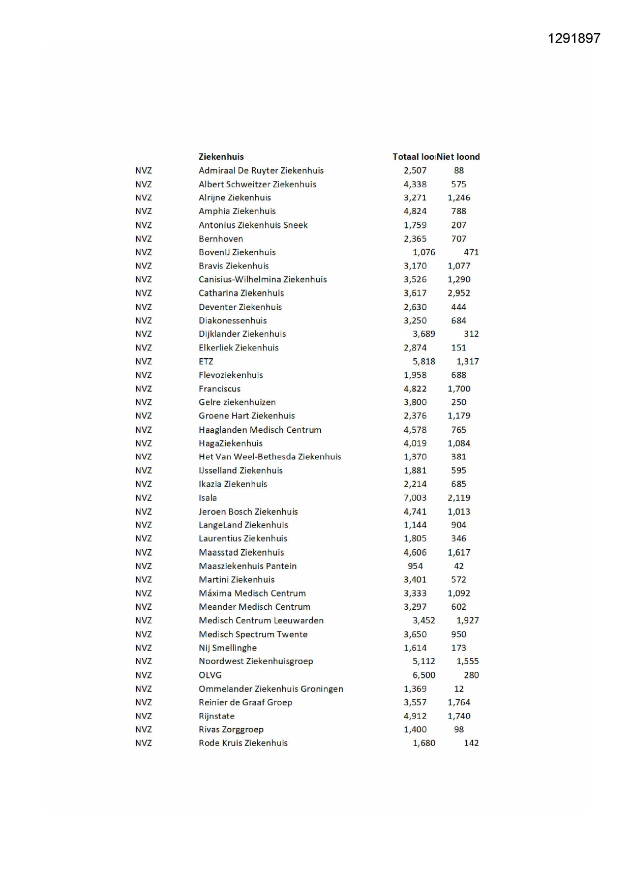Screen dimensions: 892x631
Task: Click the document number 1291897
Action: coord(574,39)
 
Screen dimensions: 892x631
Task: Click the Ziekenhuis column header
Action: coord(221,157)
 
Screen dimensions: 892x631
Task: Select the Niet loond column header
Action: coord(458,157)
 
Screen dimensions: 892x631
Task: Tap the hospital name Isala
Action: coord(207,498)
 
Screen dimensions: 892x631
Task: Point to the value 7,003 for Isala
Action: coord(415,498)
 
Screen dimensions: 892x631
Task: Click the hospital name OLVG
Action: coord(210,675)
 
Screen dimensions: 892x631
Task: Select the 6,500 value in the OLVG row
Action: coord(424,675)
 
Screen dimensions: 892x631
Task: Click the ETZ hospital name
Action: coord(206,362)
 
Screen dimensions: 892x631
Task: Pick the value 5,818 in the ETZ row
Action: coord(424,362)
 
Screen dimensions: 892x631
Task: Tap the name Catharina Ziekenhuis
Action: coord(241,293)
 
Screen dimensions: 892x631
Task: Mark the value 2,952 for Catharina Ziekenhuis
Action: coord(459,293)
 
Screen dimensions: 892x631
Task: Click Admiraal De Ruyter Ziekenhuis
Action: coord(261,170)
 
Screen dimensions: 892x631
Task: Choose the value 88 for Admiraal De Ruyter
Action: coord(459,170)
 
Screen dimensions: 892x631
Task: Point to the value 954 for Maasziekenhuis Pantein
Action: coord(415,566)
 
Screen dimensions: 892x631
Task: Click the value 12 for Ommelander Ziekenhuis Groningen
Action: coord(459,689)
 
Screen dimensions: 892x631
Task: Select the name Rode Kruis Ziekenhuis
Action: coord(243,743)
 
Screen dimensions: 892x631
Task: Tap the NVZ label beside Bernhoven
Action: coord(143,239)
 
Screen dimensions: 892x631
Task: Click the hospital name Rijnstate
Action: coord(217,716)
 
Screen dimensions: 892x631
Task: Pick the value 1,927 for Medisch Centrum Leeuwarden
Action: coord(467,620)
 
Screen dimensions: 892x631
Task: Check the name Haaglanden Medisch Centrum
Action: coord(260,430)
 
